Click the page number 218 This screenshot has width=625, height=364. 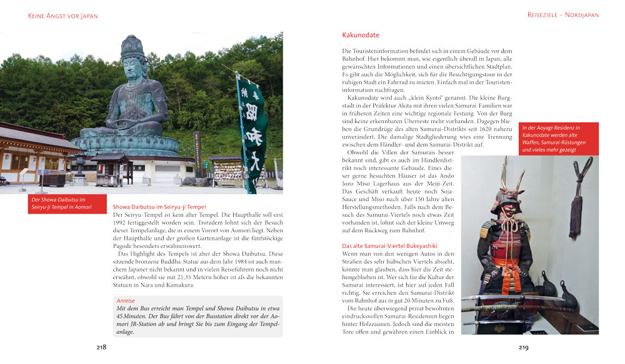pos(101,347)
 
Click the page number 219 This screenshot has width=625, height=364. pos(524,347)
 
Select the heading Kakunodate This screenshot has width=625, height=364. pos(361,35)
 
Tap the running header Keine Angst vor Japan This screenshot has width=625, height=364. pos(63,15)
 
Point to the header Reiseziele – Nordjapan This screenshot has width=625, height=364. pos(562,14)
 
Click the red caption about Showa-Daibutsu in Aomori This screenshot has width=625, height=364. pos(67,204)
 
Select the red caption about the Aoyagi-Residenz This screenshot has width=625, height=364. pos(558,139)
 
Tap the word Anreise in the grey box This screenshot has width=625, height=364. pos(126,300)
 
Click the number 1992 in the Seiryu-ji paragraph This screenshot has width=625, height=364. pos(121,223)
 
